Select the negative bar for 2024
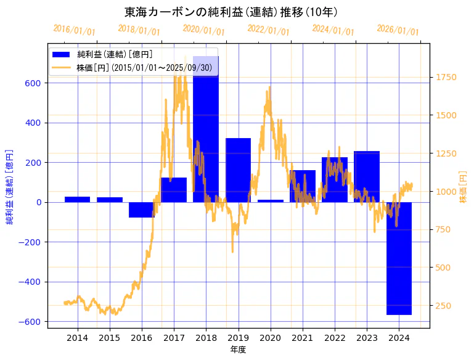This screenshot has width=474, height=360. [x=399, y=258]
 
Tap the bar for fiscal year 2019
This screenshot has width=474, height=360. [x=238, y=170]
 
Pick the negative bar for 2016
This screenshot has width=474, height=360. [x=142, y=210]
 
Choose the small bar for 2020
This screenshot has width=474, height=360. [x=271, y=201]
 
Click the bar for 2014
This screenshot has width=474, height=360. [x=78, y=199]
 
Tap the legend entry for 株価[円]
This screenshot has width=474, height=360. [x=136, y=67]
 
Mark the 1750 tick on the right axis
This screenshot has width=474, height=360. [x=446, y=77]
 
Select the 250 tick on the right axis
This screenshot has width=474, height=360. [x=444, y=306]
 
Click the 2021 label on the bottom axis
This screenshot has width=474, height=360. [x=303, y=338]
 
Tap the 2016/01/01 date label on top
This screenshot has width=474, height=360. [x=74, y=30]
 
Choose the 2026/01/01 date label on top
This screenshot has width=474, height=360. [x=398, y=30]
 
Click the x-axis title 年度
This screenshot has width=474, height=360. [x=239, y=350]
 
